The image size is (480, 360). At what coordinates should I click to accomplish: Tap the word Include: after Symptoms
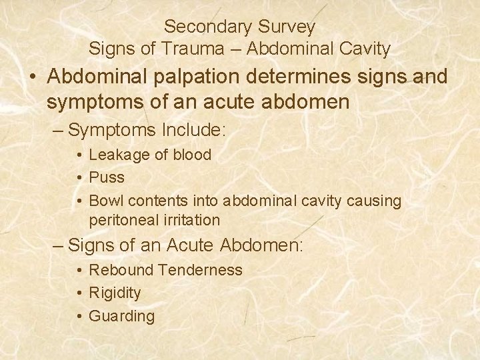tap(193, 129)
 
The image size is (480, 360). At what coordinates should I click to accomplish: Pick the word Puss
tap(107, 178)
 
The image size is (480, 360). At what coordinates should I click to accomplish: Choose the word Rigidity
tap(115, 293)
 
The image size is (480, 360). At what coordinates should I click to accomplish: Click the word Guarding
tap(121, 316)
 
